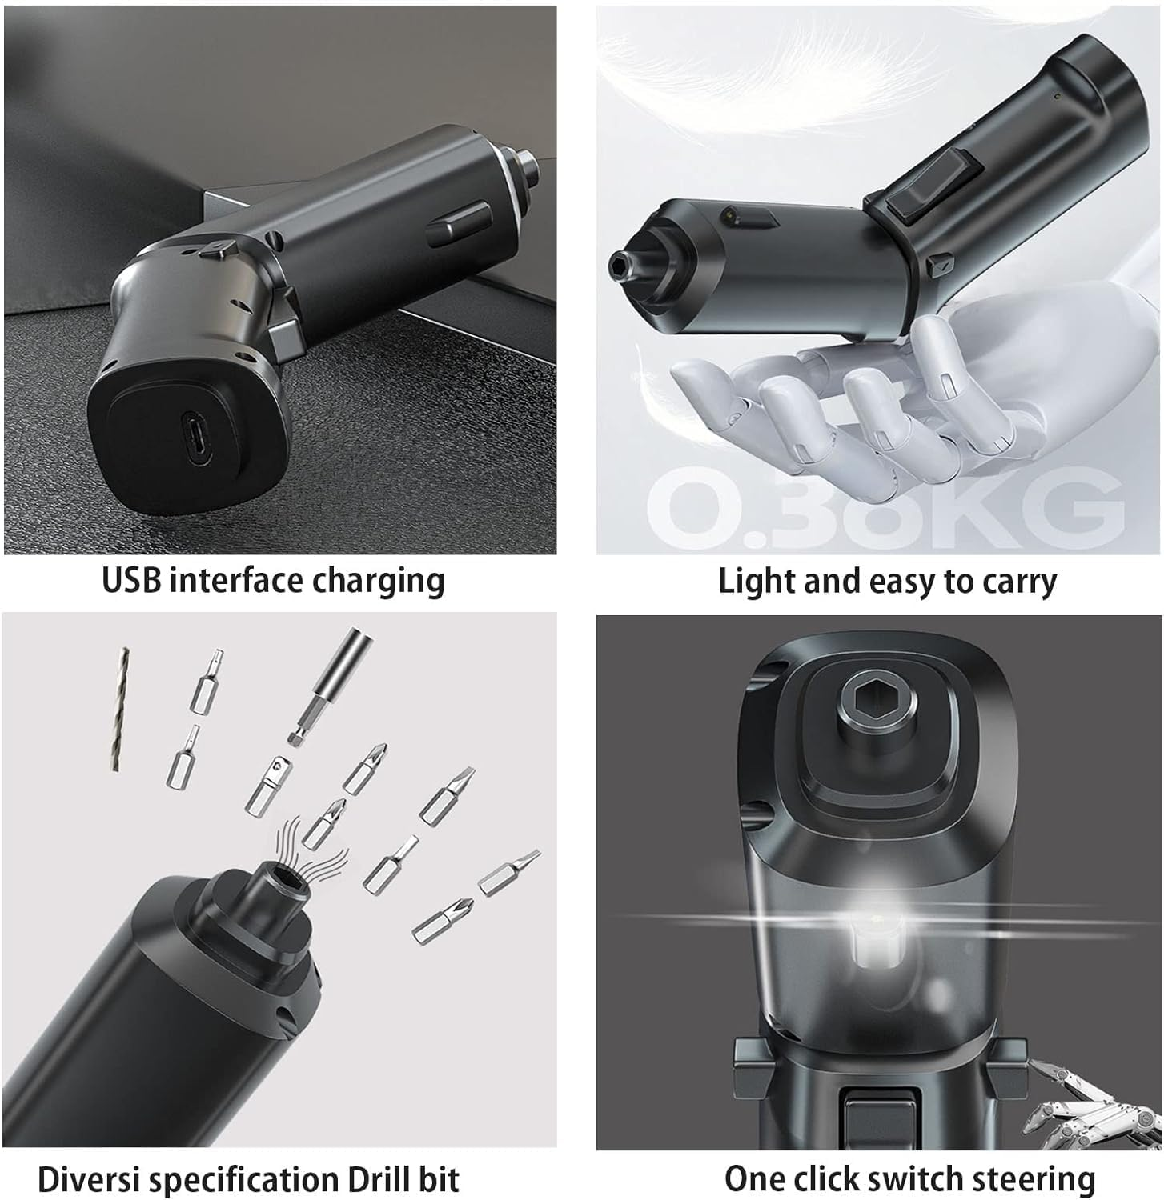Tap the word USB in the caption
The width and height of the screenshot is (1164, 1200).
(x=131, y=581)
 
